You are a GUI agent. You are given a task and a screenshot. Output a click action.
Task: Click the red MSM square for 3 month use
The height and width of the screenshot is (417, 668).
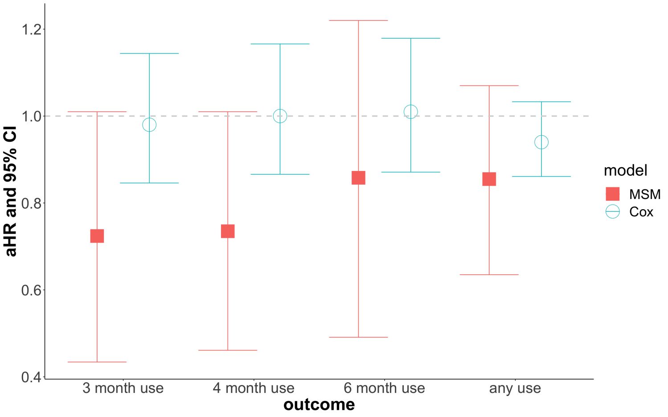(x=97, y=236)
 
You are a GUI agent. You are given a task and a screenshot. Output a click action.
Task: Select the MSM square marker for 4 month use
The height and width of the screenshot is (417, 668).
(x=228, y=231)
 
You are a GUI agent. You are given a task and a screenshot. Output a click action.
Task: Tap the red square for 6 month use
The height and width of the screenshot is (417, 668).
(x=358, y=178)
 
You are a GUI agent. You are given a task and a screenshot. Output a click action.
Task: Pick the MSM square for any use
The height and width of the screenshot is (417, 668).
(x=489, y=179)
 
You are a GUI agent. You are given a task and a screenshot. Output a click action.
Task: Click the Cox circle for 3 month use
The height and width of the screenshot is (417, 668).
(x=149, y=125)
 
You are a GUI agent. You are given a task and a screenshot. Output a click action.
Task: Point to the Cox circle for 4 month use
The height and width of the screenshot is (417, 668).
(x=280, y=116)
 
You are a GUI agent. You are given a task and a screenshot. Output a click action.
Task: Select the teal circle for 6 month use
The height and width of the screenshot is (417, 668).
(x=410, y=112)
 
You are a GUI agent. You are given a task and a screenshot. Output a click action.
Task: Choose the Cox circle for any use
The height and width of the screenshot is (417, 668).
(x=541, y=142)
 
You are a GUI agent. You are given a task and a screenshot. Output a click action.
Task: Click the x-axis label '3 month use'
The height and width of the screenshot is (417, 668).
(x=123, y=389)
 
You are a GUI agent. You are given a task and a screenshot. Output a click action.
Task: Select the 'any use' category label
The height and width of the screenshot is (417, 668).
(x=515, y=389)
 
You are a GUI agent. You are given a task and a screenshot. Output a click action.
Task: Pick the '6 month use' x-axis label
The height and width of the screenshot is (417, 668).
(x=384, y=389)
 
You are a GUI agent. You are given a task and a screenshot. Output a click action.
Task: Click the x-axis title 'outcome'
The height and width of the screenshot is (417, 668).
(x=319, y=405)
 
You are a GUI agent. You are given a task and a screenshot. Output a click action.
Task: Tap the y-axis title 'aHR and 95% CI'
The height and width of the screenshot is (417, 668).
(x=11, y=192)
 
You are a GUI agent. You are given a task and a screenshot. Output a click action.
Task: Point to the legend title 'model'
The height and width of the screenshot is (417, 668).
(x=625, y=171)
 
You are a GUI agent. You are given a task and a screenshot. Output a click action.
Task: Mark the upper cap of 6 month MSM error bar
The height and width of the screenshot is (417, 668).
(x=358, y=20)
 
